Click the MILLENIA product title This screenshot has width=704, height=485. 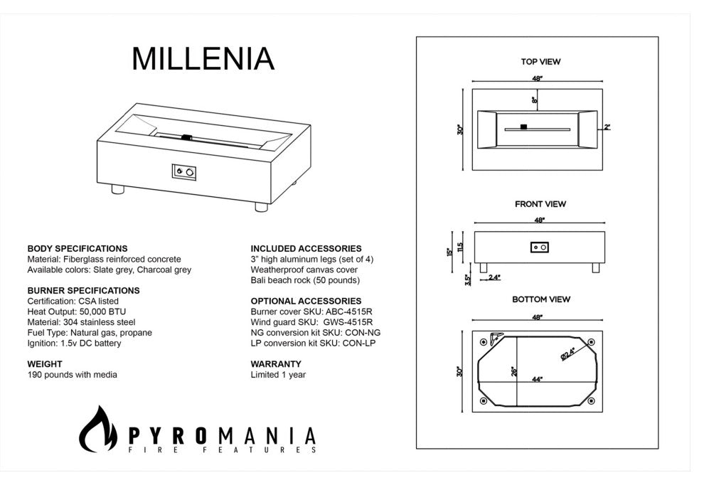203,58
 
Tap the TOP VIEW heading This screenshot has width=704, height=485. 540,62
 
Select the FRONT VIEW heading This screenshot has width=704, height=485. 540,204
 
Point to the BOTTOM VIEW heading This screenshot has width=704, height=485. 541,299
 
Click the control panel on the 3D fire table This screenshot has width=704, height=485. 184,172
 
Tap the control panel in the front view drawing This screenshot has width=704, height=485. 539,247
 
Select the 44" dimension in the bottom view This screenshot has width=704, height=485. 537,379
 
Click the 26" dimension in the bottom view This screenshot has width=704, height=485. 514,371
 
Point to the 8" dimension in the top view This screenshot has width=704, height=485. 534,100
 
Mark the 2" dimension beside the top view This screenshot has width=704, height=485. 607,127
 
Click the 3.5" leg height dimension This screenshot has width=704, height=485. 469,279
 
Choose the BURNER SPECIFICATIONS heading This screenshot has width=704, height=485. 83,291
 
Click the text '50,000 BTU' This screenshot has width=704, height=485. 103,311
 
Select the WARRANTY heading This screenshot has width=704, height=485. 276,364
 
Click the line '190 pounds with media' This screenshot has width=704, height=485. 73,375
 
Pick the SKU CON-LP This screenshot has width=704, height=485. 358,343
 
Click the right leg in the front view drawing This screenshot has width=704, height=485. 595,267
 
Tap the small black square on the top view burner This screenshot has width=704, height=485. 523,127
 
